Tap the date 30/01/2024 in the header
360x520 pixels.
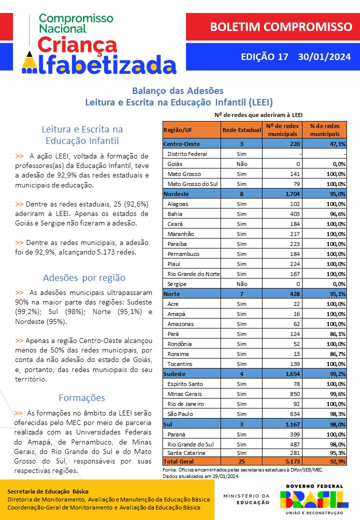click(324, 56)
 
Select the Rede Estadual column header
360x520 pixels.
click(241, 130)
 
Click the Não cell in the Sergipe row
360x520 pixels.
click(241, 284)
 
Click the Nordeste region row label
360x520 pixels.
click(176, 194)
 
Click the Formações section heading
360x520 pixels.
click(81, 398)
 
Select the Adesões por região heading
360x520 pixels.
click(84, 277)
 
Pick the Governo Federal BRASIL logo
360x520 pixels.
click(314, 498)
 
